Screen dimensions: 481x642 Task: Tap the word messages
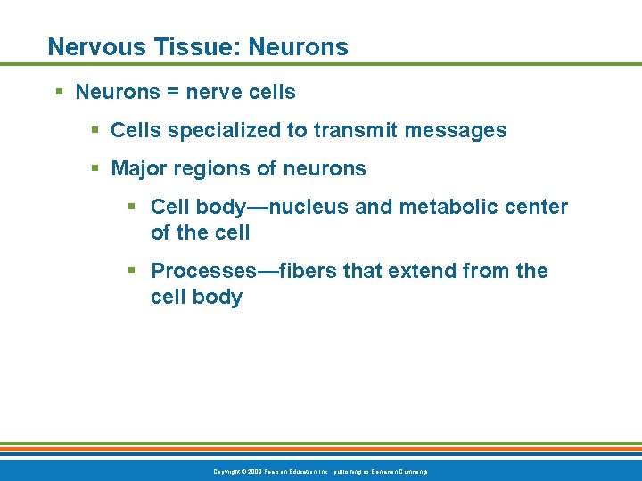(456, 131)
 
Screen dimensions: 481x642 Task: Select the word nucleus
(309, 208)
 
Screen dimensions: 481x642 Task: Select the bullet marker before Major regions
(96, 168)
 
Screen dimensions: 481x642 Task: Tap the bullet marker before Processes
(132, 271)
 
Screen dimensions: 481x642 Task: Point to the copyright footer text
(320, 470)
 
